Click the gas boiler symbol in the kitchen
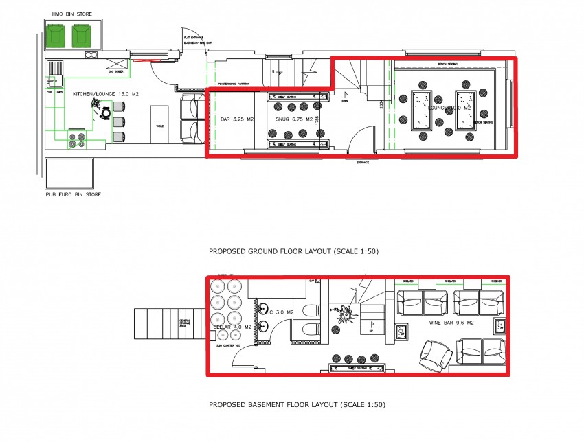pos(115,66)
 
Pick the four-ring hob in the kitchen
pos(76,139)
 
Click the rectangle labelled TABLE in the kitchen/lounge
pos(159,124)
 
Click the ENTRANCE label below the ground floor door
pos(362,163)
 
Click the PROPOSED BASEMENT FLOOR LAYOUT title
pos(297,405)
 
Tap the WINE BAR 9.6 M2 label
pos(449,321)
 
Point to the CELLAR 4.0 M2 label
pos(227,327)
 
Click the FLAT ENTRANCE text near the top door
pos(192,37)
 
